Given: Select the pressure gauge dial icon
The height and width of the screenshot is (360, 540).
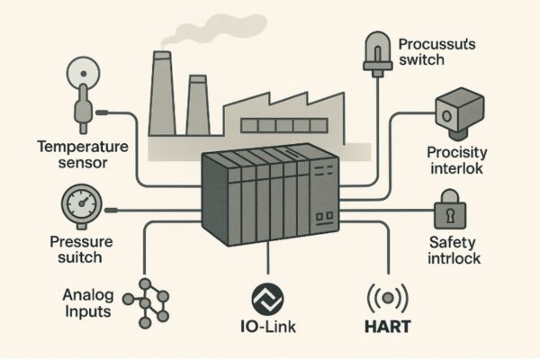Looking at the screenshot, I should (81, 206).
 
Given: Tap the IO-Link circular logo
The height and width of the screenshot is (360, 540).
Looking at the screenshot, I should (267, 297).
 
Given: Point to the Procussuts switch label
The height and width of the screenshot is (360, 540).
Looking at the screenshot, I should (437, 52).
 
